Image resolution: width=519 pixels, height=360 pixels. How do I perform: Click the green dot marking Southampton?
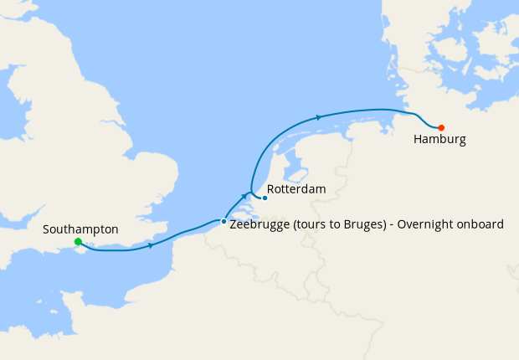click(x=78, y=242)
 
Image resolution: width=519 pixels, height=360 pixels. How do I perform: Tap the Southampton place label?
click(x=80, y=229)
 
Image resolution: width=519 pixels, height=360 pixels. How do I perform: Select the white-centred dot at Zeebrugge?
click(x=224, y=222)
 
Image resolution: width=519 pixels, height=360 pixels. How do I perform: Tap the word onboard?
click(x=481, y=224)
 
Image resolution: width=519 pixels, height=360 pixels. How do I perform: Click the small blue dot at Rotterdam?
click(x=265, y=198)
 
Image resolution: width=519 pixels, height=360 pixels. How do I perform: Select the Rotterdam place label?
click(x=296, y=189)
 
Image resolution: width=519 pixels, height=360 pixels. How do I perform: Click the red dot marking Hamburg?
click(x=441, y=127)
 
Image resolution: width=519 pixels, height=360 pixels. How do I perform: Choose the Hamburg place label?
click(x=439, y=140)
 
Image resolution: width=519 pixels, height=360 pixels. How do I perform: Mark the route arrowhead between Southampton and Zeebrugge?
click(x=151, y=245)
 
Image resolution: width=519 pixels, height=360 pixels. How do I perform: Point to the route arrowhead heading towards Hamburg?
click(x=320, y=117)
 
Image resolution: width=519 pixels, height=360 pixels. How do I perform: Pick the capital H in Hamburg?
click(x=418, y=140)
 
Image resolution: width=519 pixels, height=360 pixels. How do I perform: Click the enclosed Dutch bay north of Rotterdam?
click(x=294, y=173)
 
